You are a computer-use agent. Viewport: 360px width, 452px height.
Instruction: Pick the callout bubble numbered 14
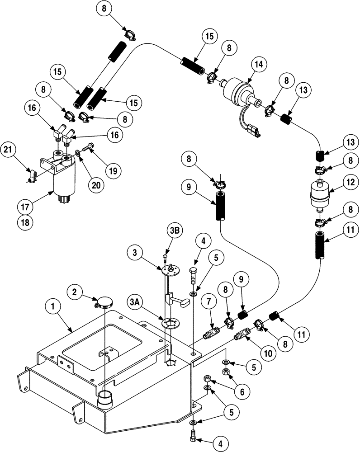(259, 64)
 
